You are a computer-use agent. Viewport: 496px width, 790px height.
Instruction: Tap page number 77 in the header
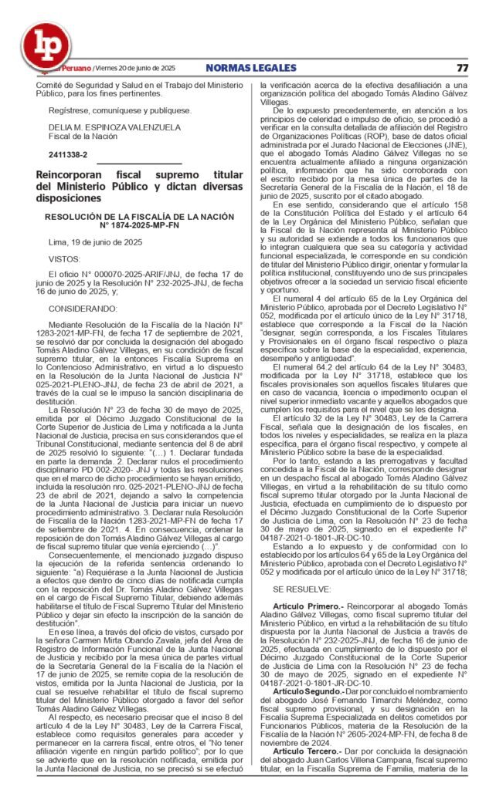click(x=462, y=68)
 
